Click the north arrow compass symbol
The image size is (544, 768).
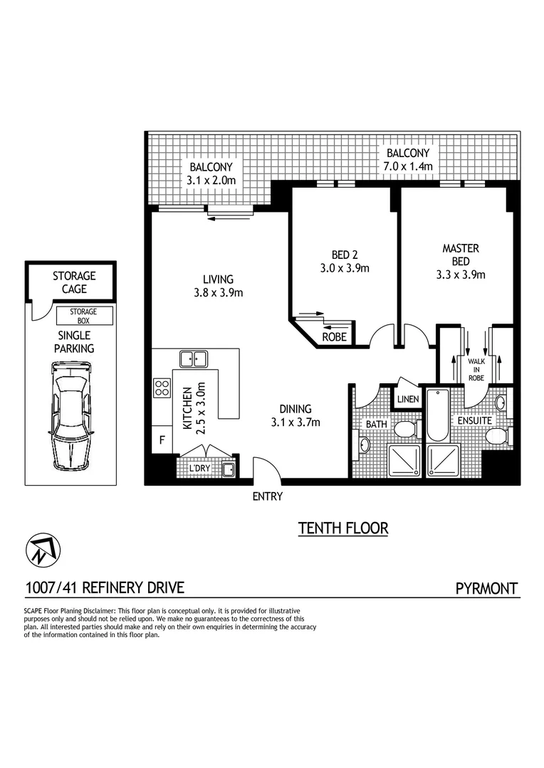[x=43, y=549]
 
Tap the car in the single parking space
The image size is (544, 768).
[x=72, y=413]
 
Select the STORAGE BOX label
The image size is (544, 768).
[x=83, y=316]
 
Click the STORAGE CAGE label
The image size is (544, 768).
[x=73, y=282]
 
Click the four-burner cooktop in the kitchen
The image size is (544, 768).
[x=162, y=388]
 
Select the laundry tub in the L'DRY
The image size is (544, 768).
[x=229, y=469]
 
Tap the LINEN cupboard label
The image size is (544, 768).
[x=409, y=400]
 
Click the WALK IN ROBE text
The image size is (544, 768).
[x=475, y=370]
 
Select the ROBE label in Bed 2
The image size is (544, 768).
[x=334, y=337]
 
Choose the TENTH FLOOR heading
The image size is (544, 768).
[x=342, y=528]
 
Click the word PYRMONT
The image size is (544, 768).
[x=486, y=588]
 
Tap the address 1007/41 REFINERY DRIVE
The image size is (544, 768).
[x=105, y=588]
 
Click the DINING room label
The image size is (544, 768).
[x=295, y=409]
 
